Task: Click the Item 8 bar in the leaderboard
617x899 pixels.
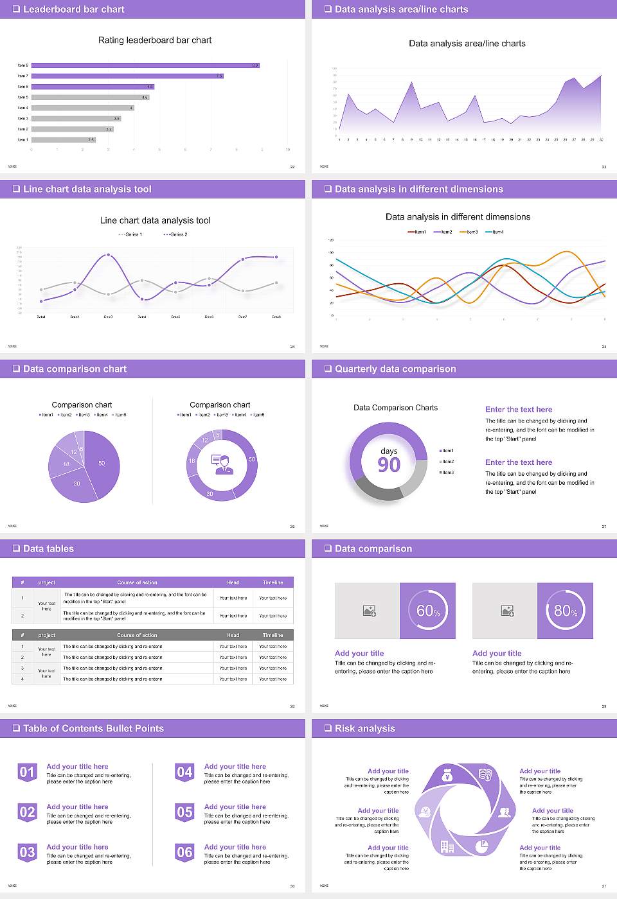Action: point(145,65)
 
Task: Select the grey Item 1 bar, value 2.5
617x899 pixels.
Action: point(63,139)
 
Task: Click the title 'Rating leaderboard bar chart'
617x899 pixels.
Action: point(154,40)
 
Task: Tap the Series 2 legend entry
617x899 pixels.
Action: point(175,234)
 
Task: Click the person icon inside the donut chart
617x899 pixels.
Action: point(222,464)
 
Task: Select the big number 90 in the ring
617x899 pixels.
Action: point(389,465)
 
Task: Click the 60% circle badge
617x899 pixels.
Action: point(428,611)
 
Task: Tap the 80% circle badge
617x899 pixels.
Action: point(566,611)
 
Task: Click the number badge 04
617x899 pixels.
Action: point(184,772)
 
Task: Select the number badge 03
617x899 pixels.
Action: point(27,853)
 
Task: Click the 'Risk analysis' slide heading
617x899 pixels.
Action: point(364,728)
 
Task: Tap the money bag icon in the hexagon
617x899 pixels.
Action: point(448,776)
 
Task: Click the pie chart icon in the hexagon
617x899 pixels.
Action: point(481,847)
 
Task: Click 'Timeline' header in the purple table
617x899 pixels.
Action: point(273,582)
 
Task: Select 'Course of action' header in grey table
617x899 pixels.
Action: point(137,635)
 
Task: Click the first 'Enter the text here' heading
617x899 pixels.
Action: point(518,410)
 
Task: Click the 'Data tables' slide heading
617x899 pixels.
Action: point(48,548)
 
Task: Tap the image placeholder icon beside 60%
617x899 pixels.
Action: point(369,611)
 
